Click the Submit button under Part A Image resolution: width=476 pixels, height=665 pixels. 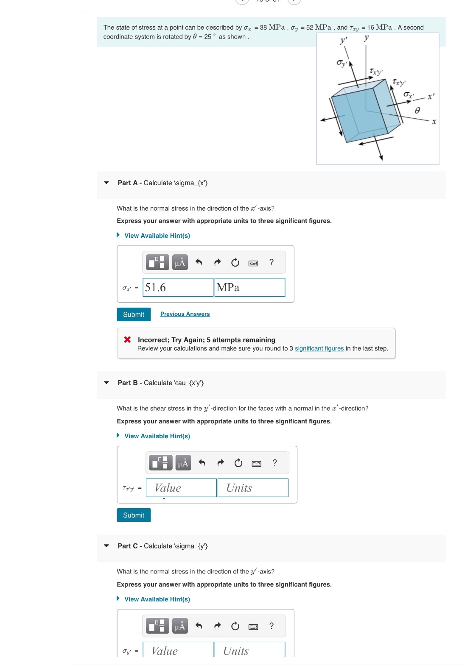point(133,314)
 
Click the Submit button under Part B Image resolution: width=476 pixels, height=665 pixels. point(133,515)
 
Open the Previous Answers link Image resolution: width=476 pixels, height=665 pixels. point(185,314)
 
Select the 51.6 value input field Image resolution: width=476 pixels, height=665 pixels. point(178,287)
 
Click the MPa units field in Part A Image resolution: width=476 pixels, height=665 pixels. point(249,287)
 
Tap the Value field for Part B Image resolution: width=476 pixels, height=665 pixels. point(181,487)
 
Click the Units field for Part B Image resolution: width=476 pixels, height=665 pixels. point(253,487)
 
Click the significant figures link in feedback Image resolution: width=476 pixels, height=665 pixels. point(319,348)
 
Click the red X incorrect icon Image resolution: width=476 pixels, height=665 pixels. point(127,339)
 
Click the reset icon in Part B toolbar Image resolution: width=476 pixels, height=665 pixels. point(238,463)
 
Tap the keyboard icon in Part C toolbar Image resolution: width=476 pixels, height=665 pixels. point(253,627)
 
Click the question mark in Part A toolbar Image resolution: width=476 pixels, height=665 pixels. point(271,262)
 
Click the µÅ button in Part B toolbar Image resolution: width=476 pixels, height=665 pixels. point(183,462)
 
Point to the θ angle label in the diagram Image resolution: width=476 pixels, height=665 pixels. point(417,111)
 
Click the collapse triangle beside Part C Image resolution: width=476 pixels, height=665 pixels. point(106,545)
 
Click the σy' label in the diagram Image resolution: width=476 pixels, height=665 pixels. point(342,63)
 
